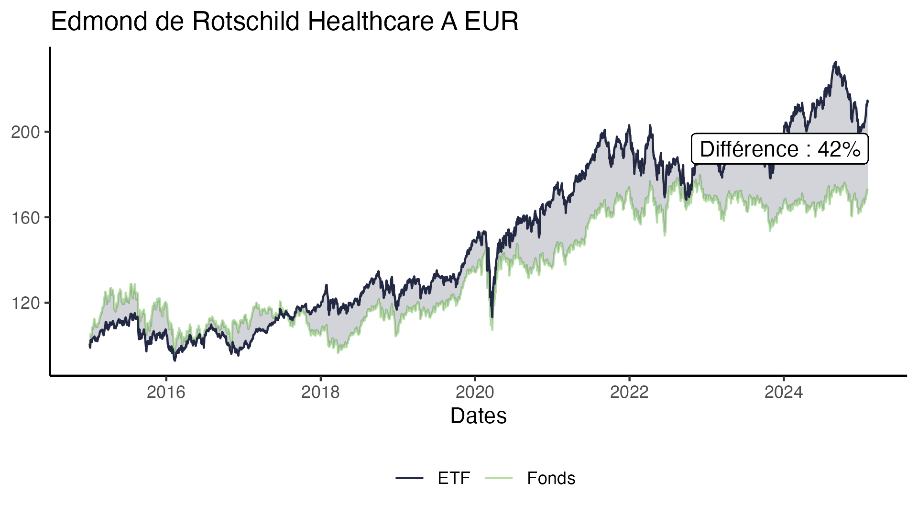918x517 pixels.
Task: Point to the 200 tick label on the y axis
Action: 25,132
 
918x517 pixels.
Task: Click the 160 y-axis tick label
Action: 25,218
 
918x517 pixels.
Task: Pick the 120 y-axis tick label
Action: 25,303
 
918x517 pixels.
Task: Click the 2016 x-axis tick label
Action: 166,393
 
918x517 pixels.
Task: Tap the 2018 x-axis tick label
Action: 320,393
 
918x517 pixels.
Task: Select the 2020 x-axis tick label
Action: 475,393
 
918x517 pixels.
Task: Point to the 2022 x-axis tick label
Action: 629,393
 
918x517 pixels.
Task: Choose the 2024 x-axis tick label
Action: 784,393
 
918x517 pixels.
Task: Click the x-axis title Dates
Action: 478,416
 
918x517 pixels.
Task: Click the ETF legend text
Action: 454,478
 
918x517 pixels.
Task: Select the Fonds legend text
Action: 551,478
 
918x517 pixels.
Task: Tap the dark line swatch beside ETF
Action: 410,478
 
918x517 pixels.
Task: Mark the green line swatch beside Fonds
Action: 499,478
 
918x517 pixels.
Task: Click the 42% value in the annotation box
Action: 839,149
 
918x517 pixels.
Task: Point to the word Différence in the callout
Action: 749,149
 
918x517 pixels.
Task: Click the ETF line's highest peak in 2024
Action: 835,62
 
